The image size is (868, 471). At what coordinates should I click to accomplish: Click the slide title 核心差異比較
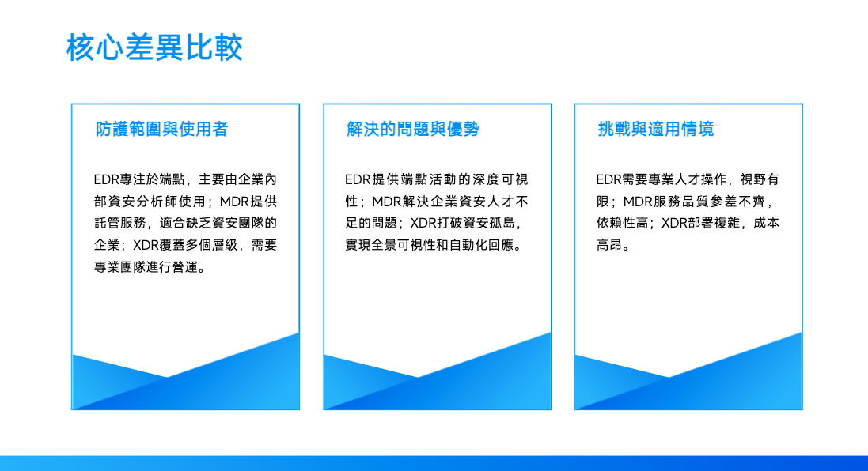point(154,47)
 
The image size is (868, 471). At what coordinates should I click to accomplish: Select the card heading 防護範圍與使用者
point(162,129)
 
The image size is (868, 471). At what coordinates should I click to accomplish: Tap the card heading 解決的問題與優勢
point(413,129)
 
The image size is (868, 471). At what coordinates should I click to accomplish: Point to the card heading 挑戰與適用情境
point(656,129)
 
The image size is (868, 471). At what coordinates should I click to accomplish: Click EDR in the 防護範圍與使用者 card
point(106,179)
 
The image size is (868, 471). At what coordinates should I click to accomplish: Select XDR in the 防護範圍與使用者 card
point(146,245)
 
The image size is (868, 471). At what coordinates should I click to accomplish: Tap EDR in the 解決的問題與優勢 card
point(358,179)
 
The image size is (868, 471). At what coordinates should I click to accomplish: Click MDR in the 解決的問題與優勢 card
point(386,202)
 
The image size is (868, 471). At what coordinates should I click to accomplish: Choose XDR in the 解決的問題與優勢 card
point(423,223)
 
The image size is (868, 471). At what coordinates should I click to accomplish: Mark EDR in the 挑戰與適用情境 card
point(609,179)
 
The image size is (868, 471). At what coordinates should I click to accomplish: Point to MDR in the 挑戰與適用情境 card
point(638,202)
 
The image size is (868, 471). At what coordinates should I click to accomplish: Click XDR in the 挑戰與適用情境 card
point(675,223)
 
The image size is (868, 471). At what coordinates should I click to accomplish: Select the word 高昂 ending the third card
point(609,245)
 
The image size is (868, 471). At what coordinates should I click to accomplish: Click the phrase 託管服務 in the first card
point(120,223)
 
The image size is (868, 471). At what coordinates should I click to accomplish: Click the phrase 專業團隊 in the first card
point(120,267)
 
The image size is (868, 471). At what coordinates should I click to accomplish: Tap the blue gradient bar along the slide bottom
point(434,463)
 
